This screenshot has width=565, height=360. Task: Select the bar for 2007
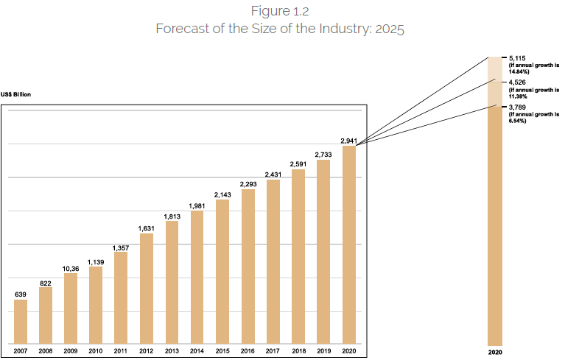pos(21,321)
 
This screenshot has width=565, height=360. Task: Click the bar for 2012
pos(147,288)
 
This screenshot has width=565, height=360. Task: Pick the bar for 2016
pos(248,266)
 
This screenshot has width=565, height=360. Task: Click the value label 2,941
pos(349,140)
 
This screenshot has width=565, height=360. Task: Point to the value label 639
pos(21,294)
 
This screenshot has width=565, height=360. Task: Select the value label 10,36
pos(71,268)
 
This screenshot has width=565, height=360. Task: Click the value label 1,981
pos(197,205)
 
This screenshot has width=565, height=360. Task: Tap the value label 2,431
pos(273,174)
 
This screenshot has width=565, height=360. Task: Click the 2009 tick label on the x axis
pos(71,352)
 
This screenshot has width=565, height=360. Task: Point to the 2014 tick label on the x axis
pos(197,352)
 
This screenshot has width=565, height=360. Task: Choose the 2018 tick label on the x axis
pos(298,352)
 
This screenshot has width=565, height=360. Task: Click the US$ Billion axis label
pos(16,94)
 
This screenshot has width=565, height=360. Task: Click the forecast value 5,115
pos(517,57)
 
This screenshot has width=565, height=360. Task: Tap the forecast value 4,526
pos(517,82)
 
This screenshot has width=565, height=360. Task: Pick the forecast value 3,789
pos(517,107)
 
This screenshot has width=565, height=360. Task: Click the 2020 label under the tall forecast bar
pos(495,352)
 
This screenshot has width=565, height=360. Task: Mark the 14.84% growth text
pos(519,72)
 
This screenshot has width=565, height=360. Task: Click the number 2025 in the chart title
pos(390,29)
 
